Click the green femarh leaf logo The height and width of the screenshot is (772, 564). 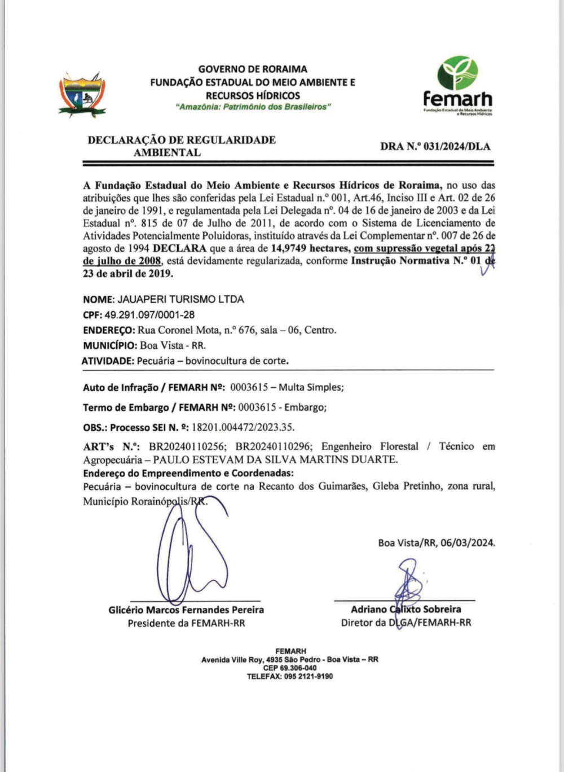pos(458,74)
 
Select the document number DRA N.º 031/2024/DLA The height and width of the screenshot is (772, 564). pos(435,146)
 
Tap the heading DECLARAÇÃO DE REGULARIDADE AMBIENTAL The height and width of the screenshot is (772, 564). pos(181,146)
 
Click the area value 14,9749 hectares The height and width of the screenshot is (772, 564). pos(310,248)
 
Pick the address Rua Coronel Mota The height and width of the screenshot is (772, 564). pos(174,330)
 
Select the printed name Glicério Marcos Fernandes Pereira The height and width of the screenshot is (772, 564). pos(186,609)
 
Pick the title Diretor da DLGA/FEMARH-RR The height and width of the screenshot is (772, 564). pos(406,623)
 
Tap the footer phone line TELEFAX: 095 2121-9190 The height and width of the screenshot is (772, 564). pos(290,676)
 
